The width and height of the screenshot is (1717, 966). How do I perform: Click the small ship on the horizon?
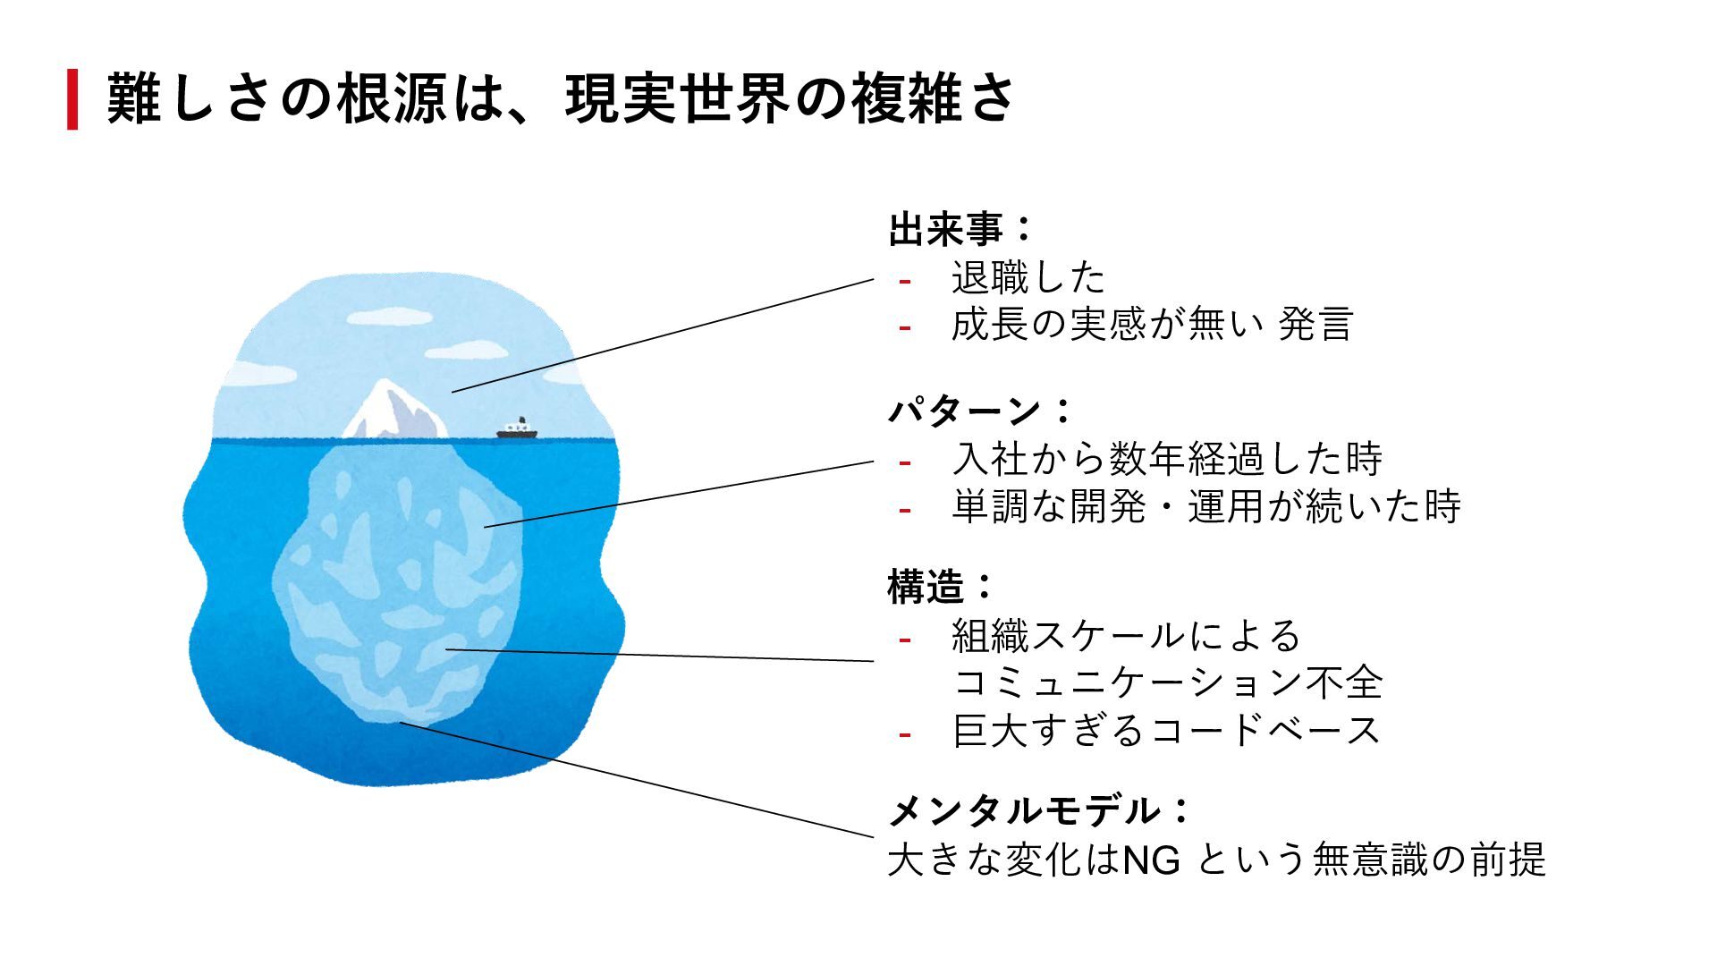pyautogui.click(x=518, y=430)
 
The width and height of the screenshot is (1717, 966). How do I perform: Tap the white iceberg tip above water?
pyautogui.click(x=393, y=411)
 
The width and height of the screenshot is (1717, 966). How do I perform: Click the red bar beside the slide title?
pyautogui.click(x=72, y=99)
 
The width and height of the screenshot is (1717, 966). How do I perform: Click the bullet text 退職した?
pyautogui.click(x=1028, y=278)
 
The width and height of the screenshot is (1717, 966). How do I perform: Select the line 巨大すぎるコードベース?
pyautogui.click(x=1167, y=731)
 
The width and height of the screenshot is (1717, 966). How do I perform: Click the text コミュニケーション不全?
pyautogui.click(x=1167, y=682)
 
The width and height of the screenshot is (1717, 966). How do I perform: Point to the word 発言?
pyautogui.click(x=1315, y=325)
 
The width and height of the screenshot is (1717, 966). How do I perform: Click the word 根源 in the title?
pyautogui.click(x=392, y=98)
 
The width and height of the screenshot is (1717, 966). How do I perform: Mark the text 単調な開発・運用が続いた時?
pyautogui.click(x=1206, y=507)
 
